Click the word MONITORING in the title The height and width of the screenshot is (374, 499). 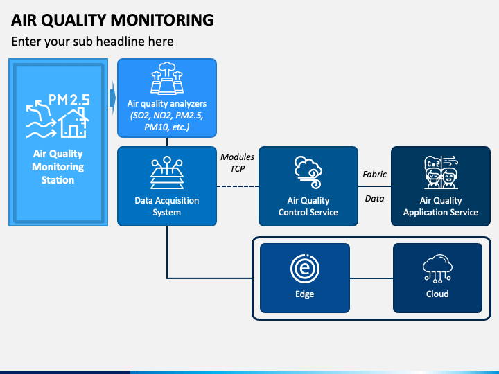point(162,19)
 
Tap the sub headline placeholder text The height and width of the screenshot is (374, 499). point(92,42)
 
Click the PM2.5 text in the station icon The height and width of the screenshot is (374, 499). point(69,100)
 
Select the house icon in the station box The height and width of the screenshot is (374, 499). point(73,123)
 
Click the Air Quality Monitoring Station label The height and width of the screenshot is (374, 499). point(58,167)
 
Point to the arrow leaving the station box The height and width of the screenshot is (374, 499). point(113,98)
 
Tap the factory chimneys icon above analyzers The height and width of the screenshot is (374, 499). point(167,78)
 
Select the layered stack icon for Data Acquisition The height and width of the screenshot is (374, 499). point(167,172)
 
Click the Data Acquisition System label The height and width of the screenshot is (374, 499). point(167,206)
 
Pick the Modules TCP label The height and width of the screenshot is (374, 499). point(238,163)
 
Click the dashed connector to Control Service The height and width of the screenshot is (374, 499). point(238,186)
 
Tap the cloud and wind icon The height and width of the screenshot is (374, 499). point(308,172)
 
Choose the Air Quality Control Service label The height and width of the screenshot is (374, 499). point(308,206)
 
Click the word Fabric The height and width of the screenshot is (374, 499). point(374,175)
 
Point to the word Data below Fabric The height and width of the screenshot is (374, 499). point(374,199)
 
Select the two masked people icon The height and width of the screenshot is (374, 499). point(441,172)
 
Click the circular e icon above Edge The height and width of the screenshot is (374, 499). point(304,269)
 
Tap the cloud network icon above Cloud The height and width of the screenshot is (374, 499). point(437,269)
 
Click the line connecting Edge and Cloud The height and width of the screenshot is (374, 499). point(371,278)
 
